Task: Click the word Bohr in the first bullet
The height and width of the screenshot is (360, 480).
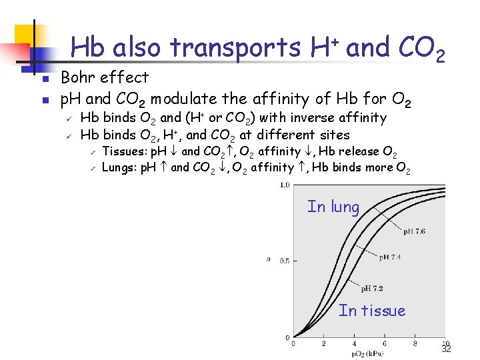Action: point(79,78)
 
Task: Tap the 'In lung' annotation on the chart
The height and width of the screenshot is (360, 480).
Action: point(333,207)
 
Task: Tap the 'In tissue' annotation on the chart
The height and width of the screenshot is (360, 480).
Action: point(371,311)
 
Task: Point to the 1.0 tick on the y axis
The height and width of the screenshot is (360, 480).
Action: point(285,185)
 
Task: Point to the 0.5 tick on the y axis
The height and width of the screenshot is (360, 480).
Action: point(285,261)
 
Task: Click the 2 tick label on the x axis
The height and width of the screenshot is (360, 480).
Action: point(323,343)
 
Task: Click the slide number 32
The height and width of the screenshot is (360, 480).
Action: point(446,349)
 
